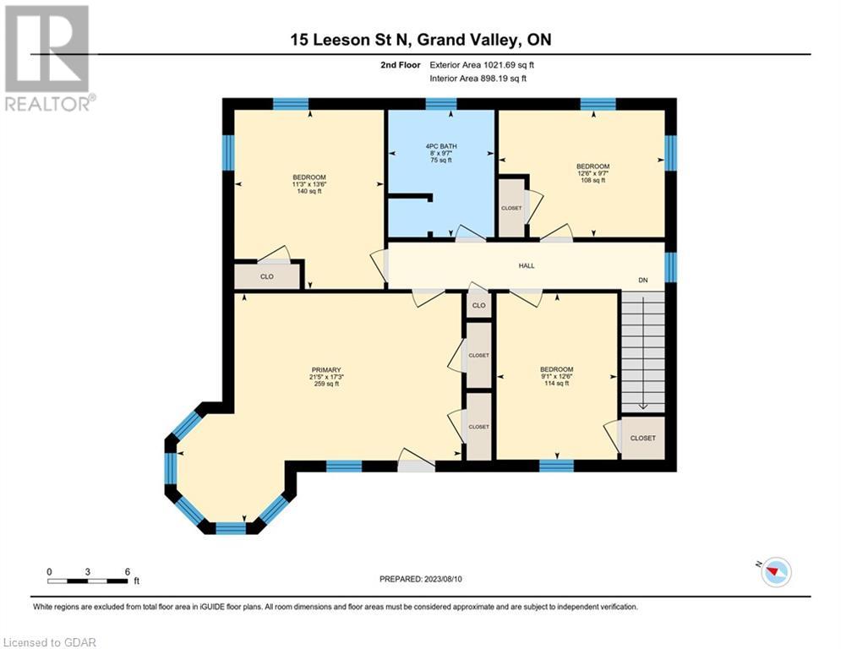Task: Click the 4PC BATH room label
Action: (x=441, y=146)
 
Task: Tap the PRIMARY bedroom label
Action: (x=326, y=370)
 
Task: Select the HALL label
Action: (x=527, y=265)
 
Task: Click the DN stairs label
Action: (x=642, y=280)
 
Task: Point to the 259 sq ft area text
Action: (x=326, y=384)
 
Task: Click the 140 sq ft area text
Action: (x=309, y=191)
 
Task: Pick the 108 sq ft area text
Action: (x=593, y=180)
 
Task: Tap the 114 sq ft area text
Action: (x=556, y=383)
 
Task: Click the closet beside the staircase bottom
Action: (x=642, y=438)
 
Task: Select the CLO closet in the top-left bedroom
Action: (x=266, y=277)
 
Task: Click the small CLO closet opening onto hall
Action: (x=478, y=305)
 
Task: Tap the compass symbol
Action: (x=776, y=572)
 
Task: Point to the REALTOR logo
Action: (x=47, y=58)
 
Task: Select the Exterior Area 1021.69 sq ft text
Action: (x=482, y=65)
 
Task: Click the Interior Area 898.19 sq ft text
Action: (x=478, y=79)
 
